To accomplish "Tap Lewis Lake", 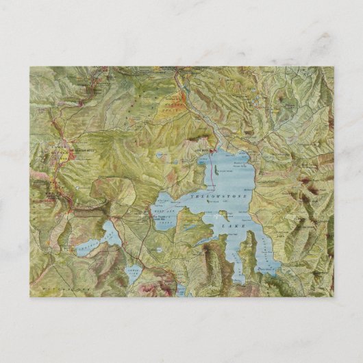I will tap(133, 275).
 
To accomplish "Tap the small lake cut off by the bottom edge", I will tap(181, 292).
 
